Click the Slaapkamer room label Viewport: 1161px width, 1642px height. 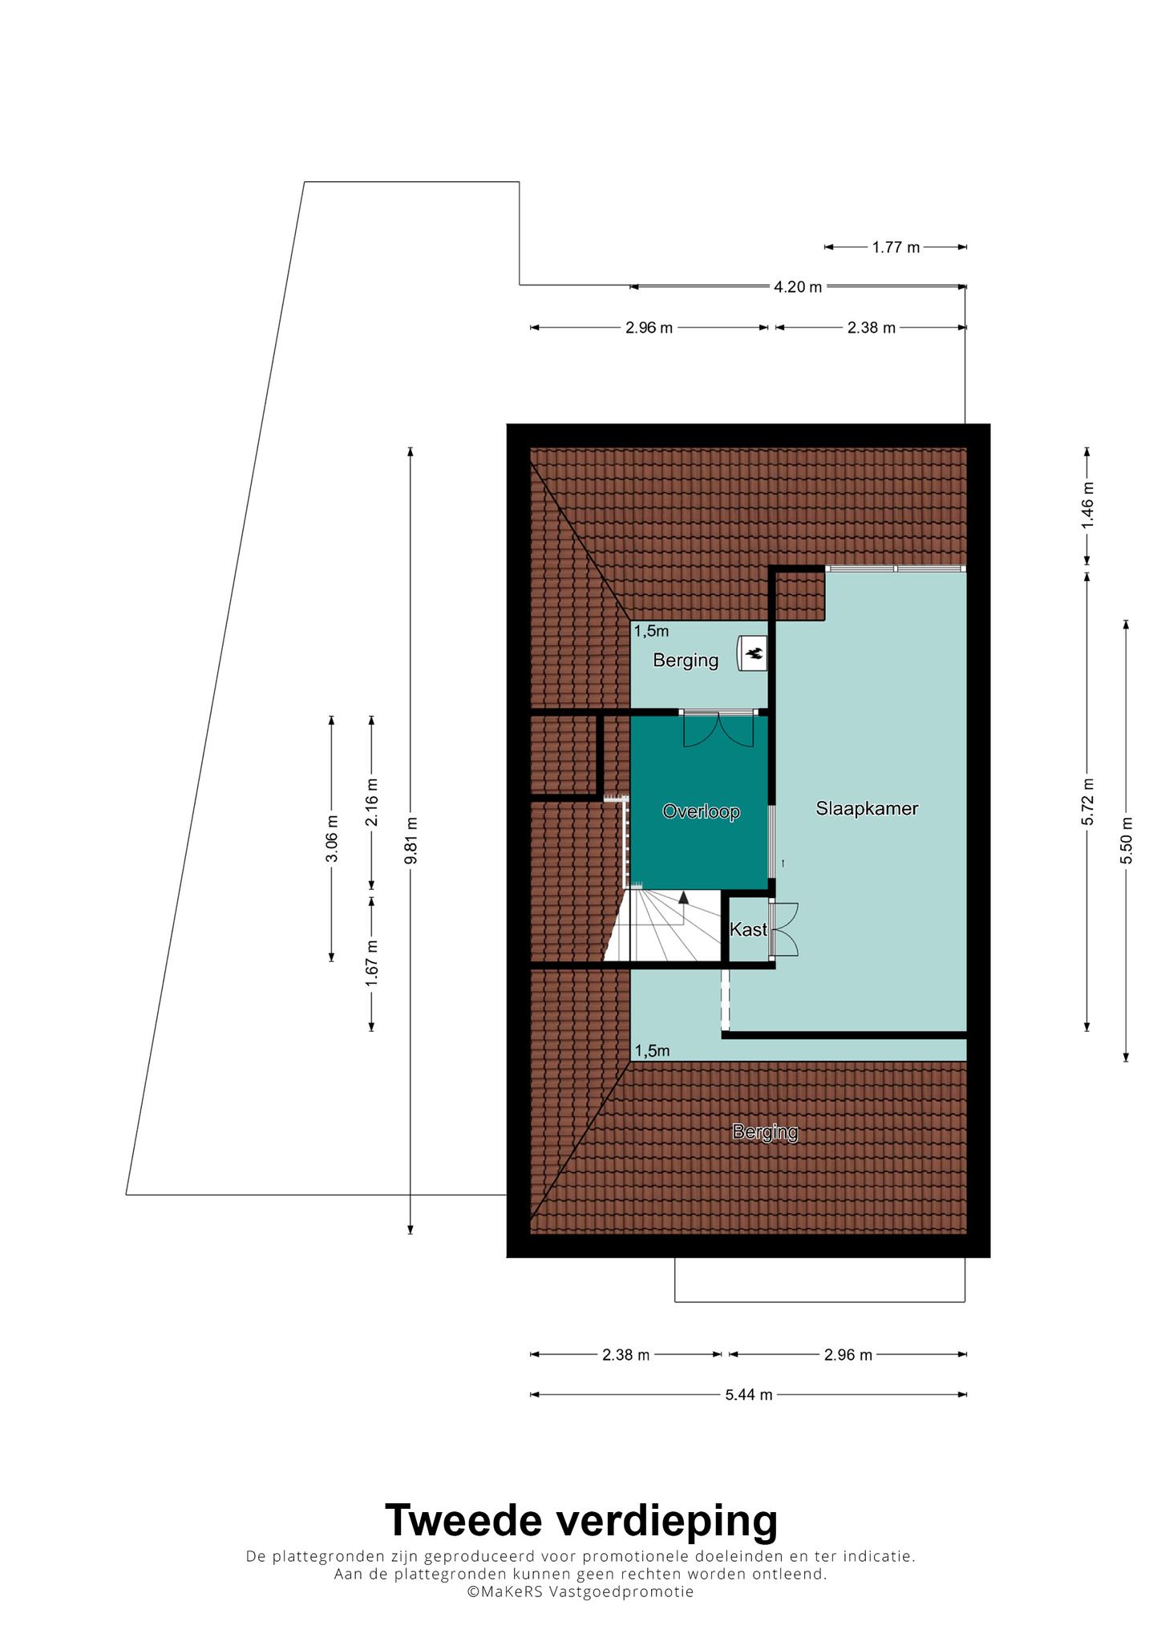pyautogui.click(x=867, y=808)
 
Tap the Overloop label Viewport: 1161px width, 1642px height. pyautogui.click(x=701, y=811)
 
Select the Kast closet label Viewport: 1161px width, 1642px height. pyautogui.click(x=748, y=929)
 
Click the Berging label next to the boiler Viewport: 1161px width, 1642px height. pyautogui.click(x=686, y=660)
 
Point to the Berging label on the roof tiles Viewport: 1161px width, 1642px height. pyautogui.click(x=765, y=1132)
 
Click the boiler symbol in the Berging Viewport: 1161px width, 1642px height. pyautogui.click(x=753, y=653)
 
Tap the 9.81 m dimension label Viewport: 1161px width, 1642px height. pyautogui.click(x=411, y=839)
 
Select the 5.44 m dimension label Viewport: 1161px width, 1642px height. pyautogui.click(x=749, y=1394)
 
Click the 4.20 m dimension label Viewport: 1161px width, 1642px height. pyautogui.click(x=798, y=286)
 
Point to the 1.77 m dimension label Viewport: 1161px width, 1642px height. pyautogui.click(x=896, y=247)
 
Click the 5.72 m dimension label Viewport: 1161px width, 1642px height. pyautogui.click(x=1087, y=801)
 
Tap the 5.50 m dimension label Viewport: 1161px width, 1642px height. pyautogui.click(x=1127, y=839)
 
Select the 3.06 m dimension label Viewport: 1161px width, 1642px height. pyautogui.click(x=332, y=838)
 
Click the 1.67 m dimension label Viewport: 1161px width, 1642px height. pyautogui.click(x=371, y=961)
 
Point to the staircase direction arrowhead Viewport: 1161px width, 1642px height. pyautogui.click(x=683, y=897)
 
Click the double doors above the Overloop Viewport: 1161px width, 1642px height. pyautogui.click(x=718, y=729)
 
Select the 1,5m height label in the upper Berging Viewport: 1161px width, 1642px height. pyautogui.click(x=652, y=631)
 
